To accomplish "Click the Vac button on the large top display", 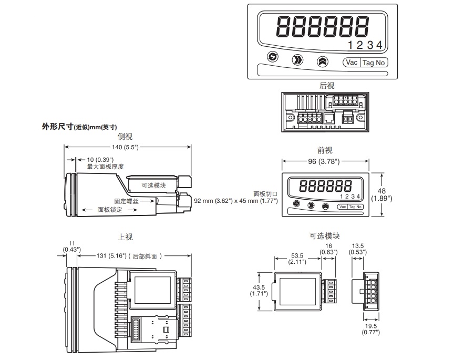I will tap(352, 62).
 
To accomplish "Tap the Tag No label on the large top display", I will tap(374, 62).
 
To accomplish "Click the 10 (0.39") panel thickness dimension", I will tap(100, 159).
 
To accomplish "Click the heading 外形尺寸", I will tap(57, 127).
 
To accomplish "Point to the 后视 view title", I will tap(326, 86).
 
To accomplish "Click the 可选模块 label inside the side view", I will tap(153, 185).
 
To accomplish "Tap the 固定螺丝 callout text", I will tap(127, 201).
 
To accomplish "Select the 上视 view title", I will tap(125, 237).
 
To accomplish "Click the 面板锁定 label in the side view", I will tap(111, 209).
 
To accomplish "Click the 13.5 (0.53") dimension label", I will tap(359, 249).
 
